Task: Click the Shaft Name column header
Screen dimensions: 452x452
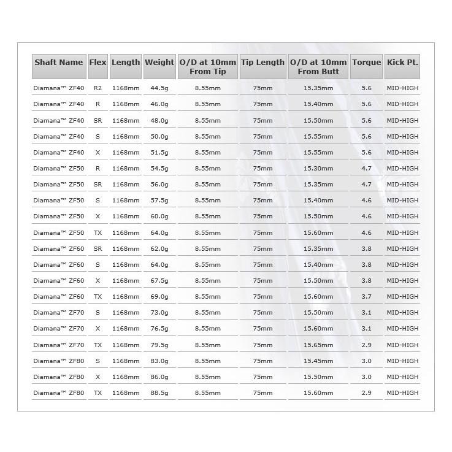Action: (x=59, y=63)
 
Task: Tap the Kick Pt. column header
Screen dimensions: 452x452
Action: (x=402, y=63)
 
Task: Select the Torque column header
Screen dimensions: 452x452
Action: (x=367, y=63)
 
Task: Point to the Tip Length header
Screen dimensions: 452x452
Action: (x=262, y=63)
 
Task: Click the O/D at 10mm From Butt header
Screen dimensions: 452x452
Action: (x=318, y=67)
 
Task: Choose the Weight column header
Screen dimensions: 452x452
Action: (x=159, y=63)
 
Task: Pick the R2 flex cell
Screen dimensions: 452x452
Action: (x=98, y=88)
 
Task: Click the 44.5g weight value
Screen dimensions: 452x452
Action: (x=159, y=88)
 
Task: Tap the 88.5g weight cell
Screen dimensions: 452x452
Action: (x=159, y=393)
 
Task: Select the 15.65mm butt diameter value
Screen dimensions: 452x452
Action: (x=318, y=345)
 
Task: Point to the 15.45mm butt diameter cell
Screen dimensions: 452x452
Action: (x=318, y=361)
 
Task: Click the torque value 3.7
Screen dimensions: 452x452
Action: (x=367, y=296)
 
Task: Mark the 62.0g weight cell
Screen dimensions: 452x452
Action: (x=159, y=248)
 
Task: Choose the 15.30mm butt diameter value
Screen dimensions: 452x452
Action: (x=318, y=169)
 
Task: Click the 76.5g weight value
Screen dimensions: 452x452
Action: (x=159, y=329)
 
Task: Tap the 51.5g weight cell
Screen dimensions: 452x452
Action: (x=159, y=153)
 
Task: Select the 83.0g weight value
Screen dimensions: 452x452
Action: (x=159, y=361)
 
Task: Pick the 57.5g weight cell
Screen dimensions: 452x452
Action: (x=159, y=201)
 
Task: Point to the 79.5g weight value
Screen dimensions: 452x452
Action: (x=159, y=345)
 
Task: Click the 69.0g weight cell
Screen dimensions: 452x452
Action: (x=159, y=296)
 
